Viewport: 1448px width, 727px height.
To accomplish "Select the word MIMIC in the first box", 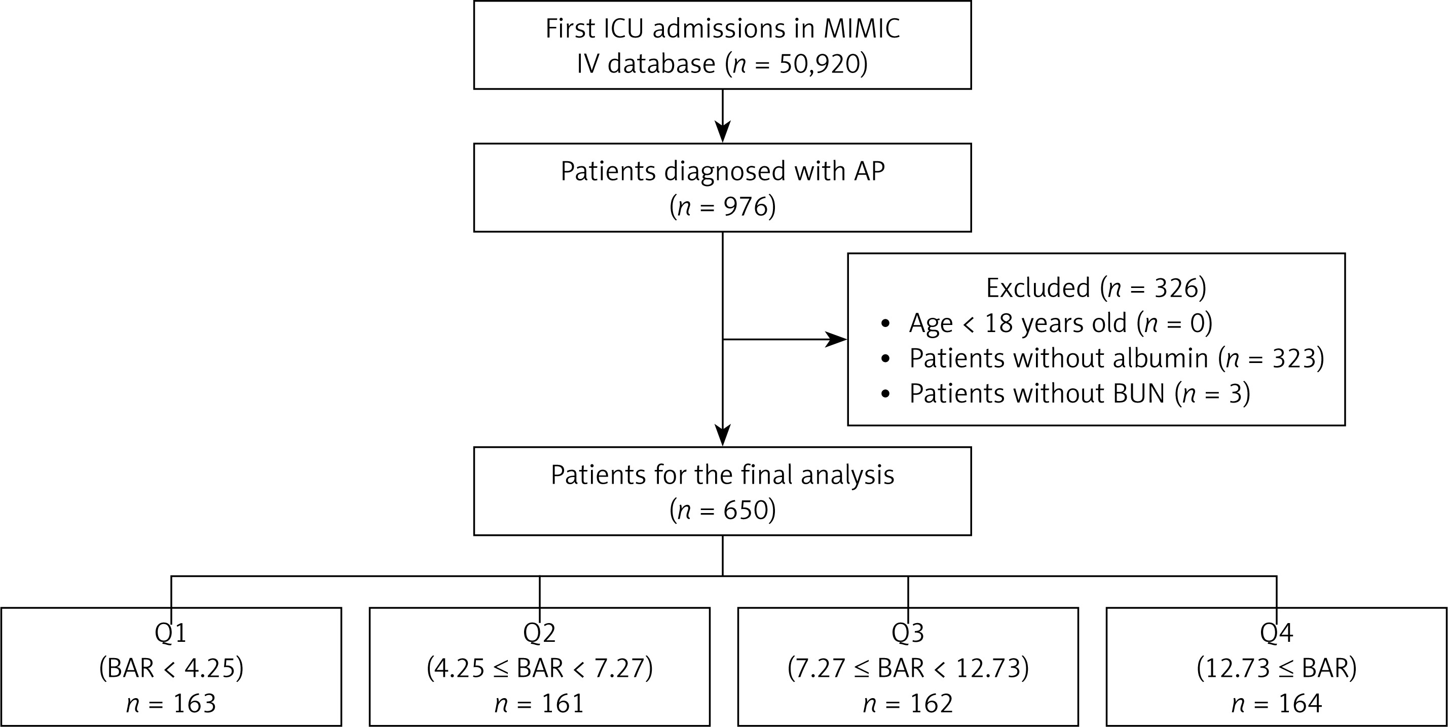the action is click(862, 29).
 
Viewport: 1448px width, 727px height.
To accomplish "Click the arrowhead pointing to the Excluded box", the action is click(836, 340).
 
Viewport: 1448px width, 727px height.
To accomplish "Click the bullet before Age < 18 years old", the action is click(886, 324).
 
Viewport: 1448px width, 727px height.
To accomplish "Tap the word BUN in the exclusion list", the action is click(1139, 393).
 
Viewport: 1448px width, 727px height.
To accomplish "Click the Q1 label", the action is click(171, 633).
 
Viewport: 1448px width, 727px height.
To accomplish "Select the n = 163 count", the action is click(171, 703).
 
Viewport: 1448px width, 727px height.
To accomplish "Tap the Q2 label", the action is click(540, 633).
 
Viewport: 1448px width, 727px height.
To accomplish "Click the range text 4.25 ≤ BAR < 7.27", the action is click(540, 669).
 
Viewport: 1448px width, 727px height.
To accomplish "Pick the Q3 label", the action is click(908, 633).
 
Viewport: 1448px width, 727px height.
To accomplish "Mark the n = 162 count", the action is click(908, 703).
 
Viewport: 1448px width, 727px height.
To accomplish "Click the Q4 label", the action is click(1277, 633).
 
